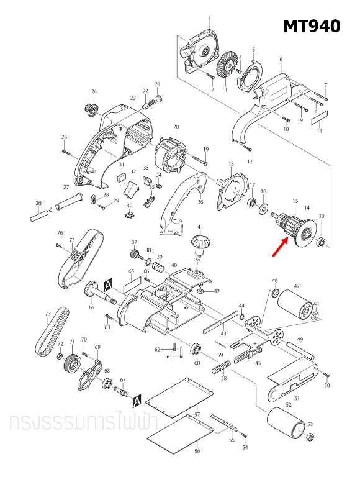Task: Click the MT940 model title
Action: [x=312, y=27]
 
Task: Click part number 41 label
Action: [x=200, y=227]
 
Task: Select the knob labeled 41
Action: [x=200, y=243]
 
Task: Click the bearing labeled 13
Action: [x=321, y=241]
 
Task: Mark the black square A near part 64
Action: [x=109, y=284]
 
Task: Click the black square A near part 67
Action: [x=137, y=397]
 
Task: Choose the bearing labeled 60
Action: [x=196, y=348]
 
